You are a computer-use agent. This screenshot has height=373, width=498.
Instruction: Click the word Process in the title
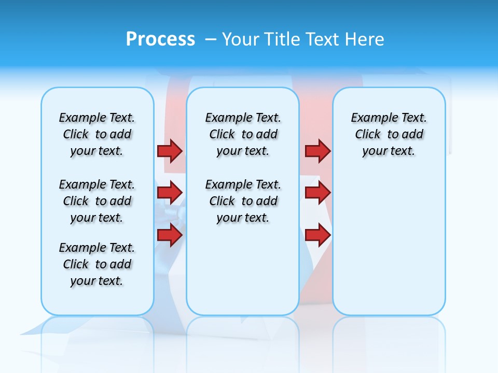[160, 39]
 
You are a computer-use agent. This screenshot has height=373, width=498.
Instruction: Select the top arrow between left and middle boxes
[170, 151]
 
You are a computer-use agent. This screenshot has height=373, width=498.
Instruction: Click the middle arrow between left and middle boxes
[170, 192]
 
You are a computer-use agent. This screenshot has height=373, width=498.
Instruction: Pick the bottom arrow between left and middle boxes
[170, 235]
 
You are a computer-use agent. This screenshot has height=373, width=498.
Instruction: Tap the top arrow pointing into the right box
[317, 151]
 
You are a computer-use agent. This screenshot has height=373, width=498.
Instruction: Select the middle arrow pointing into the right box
[317, 192]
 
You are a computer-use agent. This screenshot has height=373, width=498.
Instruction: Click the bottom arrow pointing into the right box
[317, 235]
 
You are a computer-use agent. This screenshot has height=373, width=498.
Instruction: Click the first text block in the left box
[97, 134]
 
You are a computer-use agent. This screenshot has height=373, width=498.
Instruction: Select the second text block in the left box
[97, 201]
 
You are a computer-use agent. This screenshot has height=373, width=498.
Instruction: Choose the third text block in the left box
[97, 264]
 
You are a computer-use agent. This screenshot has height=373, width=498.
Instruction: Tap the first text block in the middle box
[243, 134]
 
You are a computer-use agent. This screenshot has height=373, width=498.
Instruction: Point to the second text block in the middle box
[243, 201]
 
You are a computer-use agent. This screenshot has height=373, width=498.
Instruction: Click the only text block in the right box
[389, 134]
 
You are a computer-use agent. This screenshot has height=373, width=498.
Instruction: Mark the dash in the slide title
[211, 39]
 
